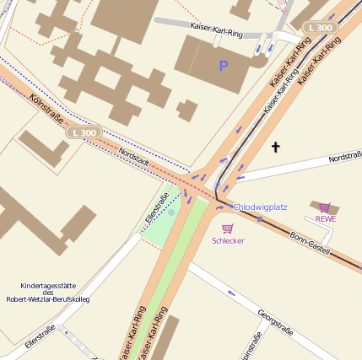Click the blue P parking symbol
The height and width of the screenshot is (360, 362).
224,65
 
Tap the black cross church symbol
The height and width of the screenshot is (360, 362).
274,148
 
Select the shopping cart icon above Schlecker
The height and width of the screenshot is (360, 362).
227,228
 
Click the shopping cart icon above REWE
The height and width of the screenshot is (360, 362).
325,207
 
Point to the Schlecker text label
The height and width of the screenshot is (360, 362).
228,240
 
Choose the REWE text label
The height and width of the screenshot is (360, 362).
326,218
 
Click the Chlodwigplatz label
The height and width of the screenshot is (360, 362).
261,207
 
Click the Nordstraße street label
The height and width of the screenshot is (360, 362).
344,157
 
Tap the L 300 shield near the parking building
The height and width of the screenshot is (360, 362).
321,27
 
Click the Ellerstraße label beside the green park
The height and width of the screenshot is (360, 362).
158,207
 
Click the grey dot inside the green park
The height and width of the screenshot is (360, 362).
171,212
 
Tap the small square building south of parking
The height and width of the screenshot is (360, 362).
187,110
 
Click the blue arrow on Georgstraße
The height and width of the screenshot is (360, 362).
230,293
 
